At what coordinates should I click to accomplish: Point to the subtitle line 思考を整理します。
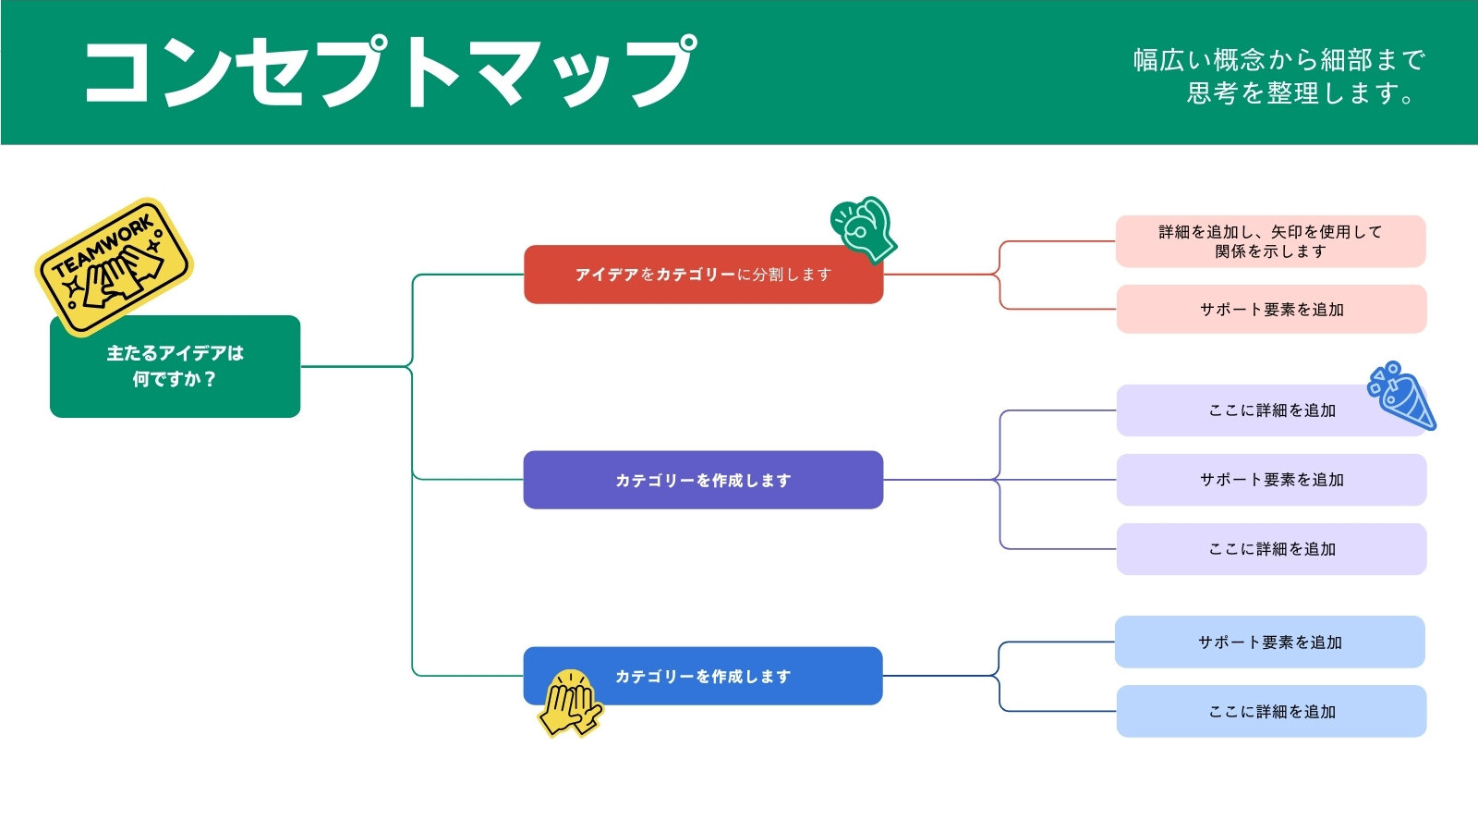[x=1300, y=93]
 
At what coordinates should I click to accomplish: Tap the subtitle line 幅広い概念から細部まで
[x=1279, y=60]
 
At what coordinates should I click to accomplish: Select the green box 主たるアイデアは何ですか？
[x=175, y=366]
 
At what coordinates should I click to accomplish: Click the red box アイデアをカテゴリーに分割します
[x=703, y=275]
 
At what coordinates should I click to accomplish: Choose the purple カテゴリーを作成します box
[x=703, y=480]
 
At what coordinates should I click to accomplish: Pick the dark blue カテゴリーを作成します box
[x=703, y=676]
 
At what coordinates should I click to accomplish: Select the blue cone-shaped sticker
[x=1403, y=397]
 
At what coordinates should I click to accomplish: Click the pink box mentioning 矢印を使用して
[x=1271, y=241]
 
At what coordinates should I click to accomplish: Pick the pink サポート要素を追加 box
[x=1271, y=309]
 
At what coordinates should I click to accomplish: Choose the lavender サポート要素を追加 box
[x=1271, y=480]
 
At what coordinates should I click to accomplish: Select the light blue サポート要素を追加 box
[x=1270, y=642]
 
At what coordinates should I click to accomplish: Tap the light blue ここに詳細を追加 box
[x=1271, y=711]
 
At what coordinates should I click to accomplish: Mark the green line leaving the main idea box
[x=357, y=366]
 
